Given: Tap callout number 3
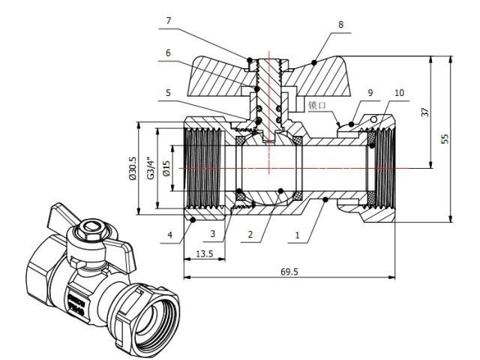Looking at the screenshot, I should pyautogui.click(x=213, y=235).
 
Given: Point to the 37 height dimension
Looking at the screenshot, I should pyautogui.click(x=424, y=112).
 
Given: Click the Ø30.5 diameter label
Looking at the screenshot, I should pyautogui.click(x=133, y=169).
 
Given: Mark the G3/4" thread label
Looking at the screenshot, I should pyautogui.click(x=150, y=169).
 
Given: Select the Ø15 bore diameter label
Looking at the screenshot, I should pyautogui.click(x=167, y=169).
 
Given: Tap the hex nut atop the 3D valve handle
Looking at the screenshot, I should pyautogui.click(x=91, y=228).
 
